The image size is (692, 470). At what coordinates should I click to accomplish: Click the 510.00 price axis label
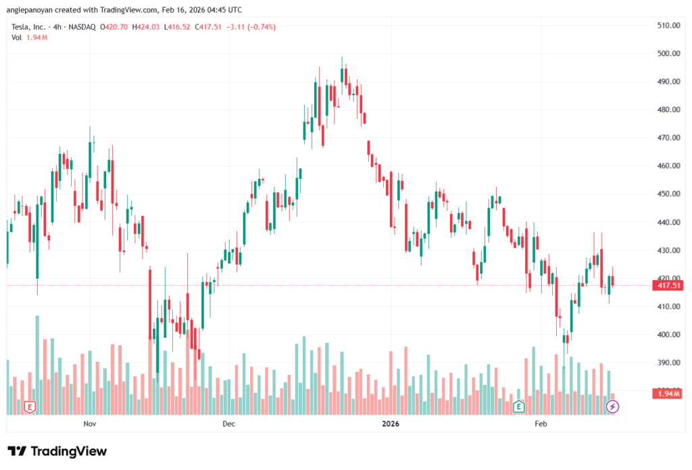pyautogui.click(x=668, y=26)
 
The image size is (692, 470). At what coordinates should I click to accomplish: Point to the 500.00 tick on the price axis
pyautogui.click(x=668, y=53)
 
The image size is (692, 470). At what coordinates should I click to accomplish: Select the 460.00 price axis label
pyautogui.click(x=668, y=166)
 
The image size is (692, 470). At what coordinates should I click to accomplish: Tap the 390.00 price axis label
pyautogui.click(x=668, y=363)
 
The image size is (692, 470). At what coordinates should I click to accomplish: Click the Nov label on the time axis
pyautogui.click(x=90, y=424)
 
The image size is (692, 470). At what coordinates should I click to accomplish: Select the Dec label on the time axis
pyautogui.click(x=228, y=424)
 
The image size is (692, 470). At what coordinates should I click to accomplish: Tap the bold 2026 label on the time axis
pyautogui.click(x=391, y=424)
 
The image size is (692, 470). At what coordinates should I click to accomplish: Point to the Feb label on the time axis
pyautogui.click(x=541, y=424)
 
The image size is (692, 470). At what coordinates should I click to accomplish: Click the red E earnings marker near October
pyautogui.click(x=29, y=407)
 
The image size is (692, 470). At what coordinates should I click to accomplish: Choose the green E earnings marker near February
pyautogui.click(x=518, y=407)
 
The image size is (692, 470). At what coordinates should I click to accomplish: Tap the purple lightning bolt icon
pyautogui.click(x=612, y=407)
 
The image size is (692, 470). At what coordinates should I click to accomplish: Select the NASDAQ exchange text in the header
pyautogui.click(x=81, y=27)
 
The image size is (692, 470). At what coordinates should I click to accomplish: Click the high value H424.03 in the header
pyautogui.click(x=145, y=27)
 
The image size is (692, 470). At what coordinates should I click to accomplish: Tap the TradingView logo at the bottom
pyautogui.click(x=57, y=451)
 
